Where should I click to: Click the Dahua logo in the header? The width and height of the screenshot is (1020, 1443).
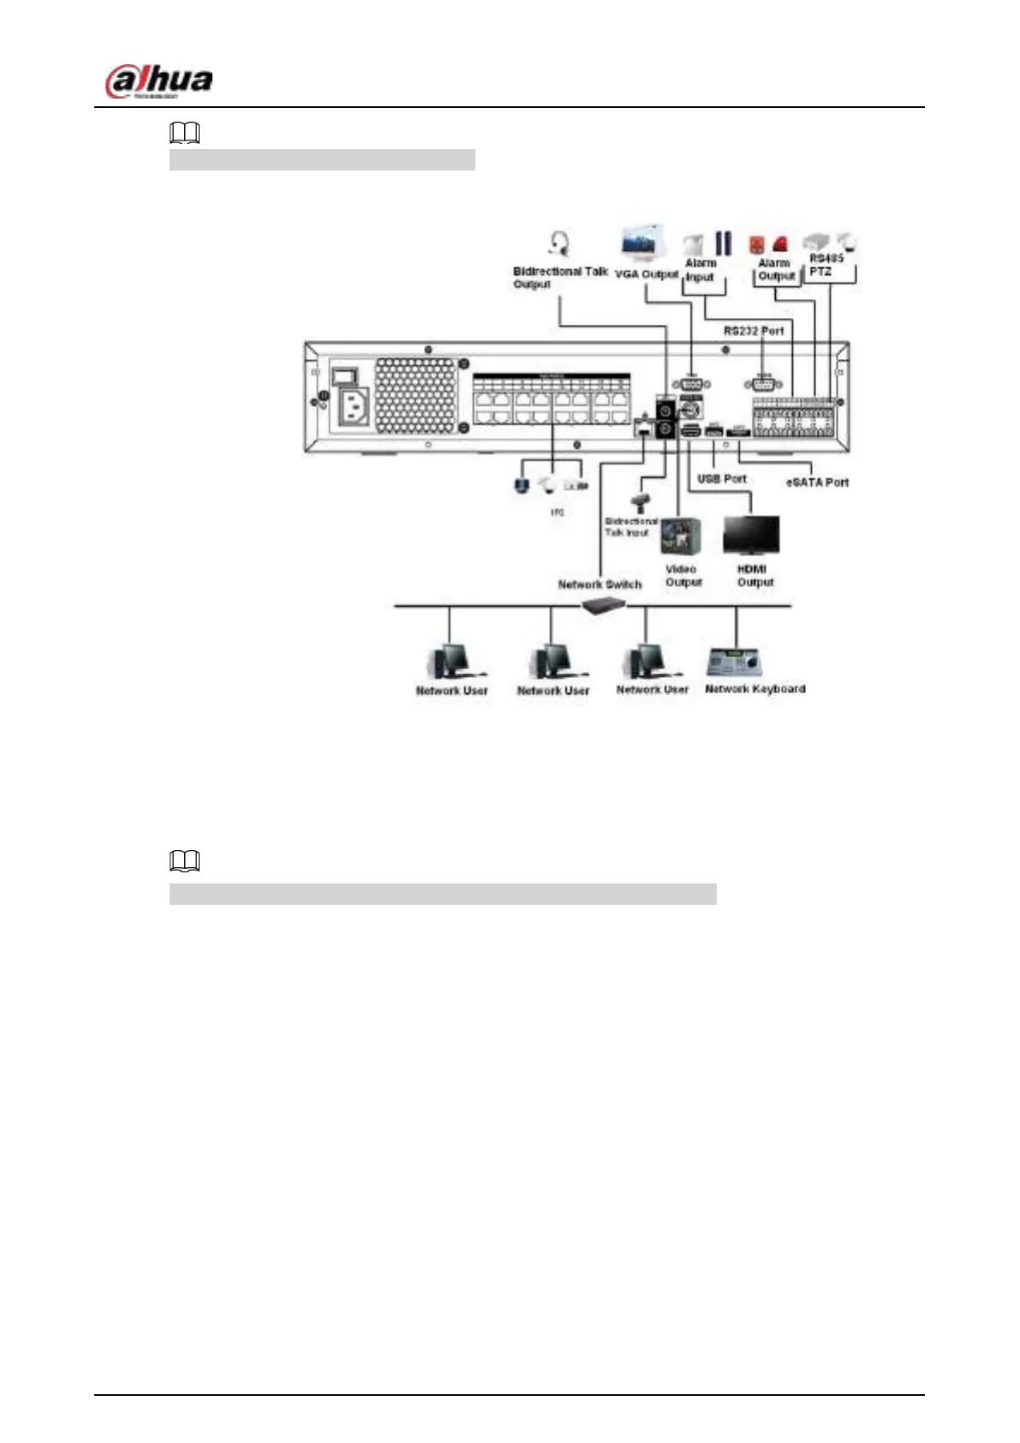coord(158,82)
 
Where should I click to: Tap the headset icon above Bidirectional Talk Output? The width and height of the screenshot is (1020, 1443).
coord(559,244)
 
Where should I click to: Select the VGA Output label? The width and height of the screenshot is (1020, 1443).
coord(646,274)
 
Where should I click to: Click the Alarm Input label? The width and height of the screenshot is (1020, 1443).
coord(700,270)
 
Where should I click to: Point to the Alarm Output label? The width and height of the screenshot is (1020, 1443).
coord(775,270)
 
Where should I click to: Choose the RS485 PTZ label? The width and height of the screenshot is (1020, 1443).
coord(826,265)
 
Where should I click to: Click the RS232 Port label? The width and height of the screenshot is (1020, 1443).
coord(754,331)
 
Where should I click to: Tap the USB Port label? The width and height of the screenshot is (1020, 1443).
coord(721,479)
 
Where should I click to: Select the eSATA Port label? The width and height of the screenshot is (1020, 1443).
coord(817,482)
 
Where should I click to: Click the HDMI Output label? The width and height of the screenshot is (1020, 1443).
coord(755,576)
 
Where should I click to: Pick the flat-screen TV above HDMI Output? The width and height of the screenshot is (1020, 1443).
coord(751,536)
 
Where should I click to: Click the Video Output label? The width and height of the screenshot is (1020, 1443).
coord(683,576)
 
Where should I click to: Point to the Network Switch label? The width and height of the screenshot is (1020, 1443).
coord(599,584)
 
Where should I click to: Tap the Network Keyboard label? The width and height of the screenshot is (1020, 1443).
coord(755,689)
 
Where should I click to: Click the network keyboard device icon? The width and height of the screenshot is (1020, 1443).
coord(735,662)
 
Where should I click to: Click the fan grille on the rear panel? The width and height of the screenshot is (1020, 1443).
coord(415,396)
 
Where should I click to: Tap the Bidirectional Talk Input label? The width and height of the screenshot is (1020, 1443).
coord(630,527)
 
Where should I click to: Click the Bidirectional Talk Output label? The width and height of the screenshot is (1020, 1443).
coord(559,278)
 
